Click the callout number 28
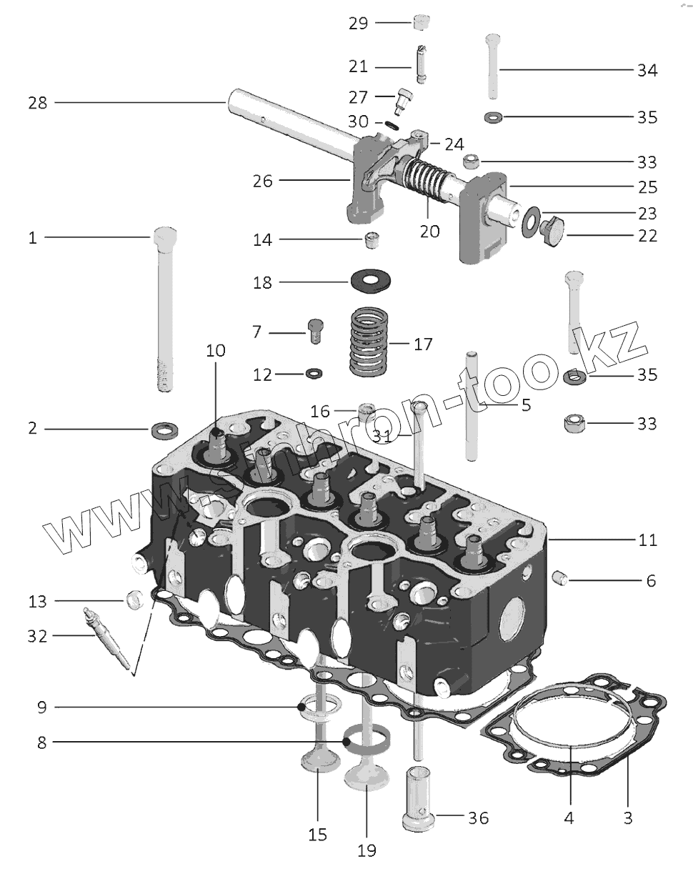(38, 103)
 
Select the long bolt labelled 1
(164, 307)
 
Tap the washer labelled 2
(165, 430)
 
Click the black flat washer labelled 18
(371, 282)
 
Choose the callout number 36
(478, 818)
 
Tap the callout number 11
(648, 540)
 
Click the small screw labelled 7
(316, 332)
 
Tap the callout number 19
(366, 850)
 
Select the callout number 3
(628, 818)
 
